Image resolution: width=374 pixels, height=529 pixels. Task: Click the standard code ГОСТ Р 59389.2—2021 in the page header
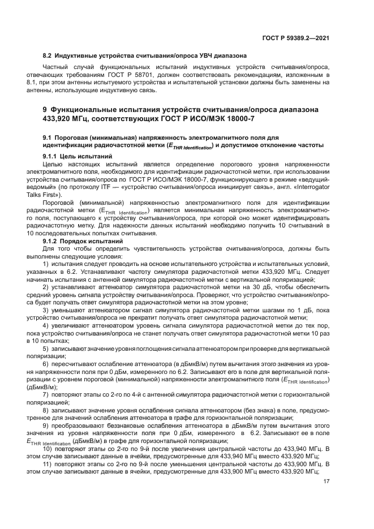pyautogui.click(x=303, y=38)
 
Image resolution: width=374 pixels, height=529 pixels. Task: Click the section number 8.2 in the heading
pyautogui.click(x=47, y=57)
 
